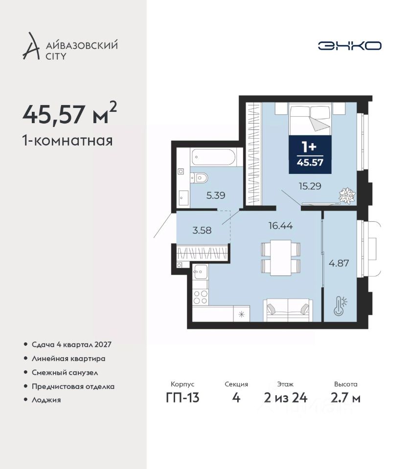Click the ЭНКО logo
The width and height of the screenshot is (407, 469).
[x=349, y=46]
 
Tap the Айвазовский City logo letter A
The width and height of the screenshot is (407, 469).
[x=31, y=46]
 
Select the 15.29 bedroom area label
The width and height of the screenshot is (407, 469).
[x=310, y=186]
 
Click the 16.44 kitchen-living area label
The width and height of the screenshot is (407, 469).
[x=281, y=226]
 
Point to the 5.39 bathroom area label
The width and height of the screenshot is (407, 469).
[x=216, y=195]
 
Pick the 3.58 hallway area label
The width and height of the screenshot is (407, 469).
[x=202, y=230]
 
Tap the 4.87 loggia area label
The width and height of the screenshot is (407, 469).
[x=339, y=263]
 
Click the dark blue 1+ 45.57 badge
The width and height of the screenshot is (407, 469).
[x=310, y=155]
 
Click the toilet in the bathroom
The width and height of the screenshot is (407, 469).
[x=199, y=178]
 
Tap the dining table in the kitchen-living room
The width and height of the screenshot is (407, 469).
[x=281, y=257]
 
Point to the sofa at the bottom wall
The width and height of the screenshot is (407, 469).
[x=288, y=310]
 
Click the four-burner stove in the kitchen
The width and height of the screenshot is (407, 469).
[x=200, y=297]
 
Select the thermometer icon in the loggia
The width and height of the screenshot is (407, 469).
[x=340, y=305]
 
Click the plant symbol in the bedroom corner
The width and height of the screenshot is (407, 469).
[x=347, y=196]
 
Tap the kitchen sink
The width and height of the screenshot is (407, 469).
[x=200, y=272]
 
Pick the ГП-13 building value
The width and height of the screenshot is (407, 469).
[x=182, y=398]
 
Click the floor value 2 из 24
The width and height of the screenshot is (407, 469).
[x=286, y=398]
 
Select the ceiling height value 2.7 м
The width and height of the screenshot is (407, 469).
[x=345, y=398]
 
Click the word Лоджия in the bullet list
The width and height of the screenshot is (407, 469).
[x=46, y=400]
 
